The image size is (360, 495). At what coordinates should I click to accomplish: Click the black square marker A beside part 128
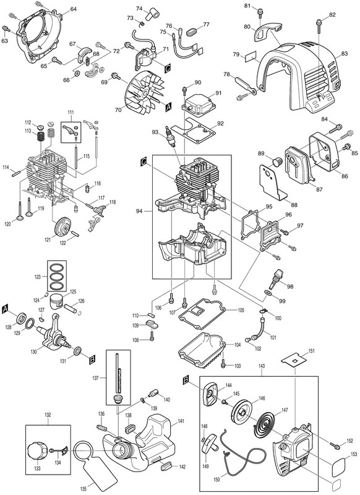pyautogui.click(x=5, y=310)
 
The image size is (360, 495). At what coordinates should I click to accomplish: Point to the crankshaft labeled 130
pyautogui.click(x=54, y=333)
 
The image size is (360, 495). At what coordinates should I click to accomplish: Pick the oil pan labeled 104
pyautogui.click(x=202, y=348)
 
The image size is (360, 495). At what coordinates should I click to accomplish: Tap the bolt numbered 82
pyautogui.click(x=319, y=25)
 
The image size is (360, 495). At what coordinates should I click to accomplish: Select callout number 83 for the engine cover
pyautogui.click(x=345, y=54)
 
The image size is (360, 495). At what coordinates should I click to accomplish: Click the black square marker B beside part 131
pyautogui.click(x=92, y=360)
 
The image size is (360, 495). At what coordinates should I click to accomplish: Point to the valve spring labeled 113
pyautogui.click(x=41, y=137)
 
